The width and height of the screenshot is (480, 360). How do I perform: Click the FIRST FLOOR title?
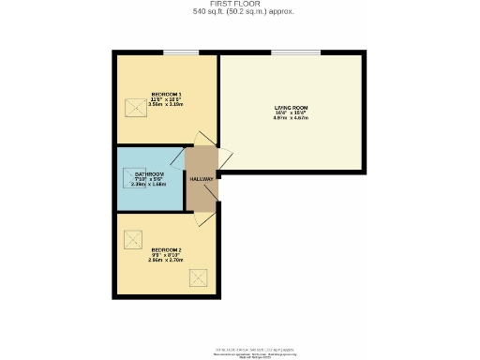[x=240, y=4]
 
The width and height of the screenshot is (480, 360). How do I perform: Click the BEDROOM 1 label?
[x=166, y=94]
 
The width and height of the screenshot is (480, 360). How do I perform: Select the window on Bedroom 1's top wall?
[x=173, y=53]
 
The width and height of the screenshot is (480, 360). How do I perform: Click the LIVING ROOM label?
[x=291, y=108]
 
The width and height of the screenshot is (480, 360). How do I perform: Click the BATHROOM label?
[x=150, y=173]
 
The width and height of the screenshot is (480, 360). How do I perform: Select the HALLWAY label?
[x=202, y=179]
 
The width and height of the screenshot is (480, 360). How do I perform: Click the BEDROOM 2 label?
[x=166, y=248]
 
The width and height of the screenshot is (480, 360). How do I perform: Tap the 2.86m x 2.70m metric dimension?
[x=166, y=260]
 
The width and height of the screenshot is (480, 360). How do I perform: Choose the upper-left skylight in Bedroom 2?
[x=132, y=237]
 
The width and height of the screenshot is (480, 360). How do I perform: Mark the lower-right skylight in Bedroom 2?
[x=199, y=277]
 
